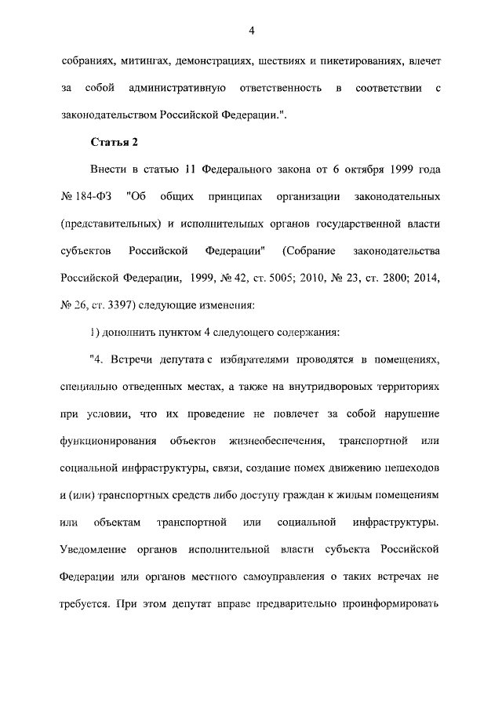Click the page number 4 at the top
pos(251,31)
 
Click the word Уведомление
pos(97,550)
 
